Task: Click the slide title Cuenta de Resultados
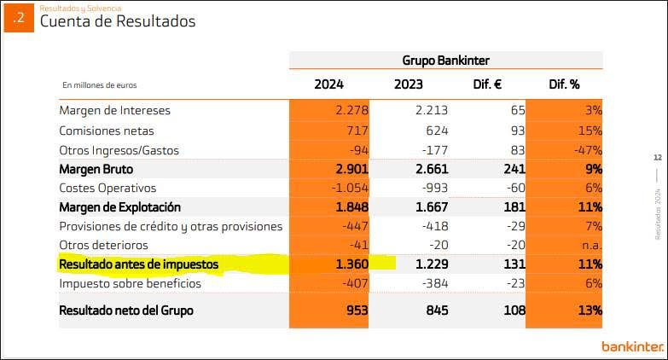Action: click(118, 21)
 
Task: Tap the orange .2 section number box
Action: click(19, 18)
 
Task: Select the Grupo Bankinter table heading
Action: click(445, 60)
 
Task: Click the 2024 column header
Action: click(328, 84)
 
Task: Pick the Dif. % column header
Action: click(563, 84)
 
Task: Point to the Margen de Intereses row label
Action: click(115, 111)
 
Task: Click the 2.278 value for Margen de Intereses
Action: click(349, 111)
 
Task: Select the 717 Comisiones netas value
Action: click(355, 131)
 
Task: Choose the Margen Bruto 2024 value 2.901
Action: click(348, 169)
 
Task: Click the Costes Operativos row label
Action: click(107, 188)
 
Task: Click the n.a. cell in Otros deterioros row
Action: click(590, 246)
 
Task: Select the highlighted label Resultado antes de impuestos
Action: click(139, 265)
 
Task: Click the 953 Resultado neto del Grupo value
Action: click(354, 311)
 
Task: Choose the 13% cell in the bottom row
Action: click(588, 311)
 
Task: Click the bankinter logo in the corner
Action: click(632, 345)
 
